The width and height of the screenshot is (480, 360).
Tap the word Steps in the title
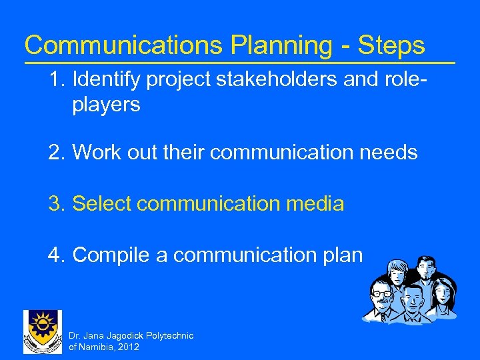click(x=391, y=45)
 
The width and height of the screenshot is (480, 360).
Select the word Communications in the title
click(x=123, y=45)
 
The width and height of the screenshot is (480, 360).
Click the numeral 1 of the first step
click(x=54, y=81)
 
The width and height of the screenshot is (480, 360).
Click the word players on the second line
click(x=106, y=105)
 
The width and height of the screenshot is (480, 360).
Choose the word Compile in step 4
click(x=113, y=254)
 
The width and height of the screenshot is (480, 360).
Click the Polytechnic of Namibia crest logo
click(x=42, y=331)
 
